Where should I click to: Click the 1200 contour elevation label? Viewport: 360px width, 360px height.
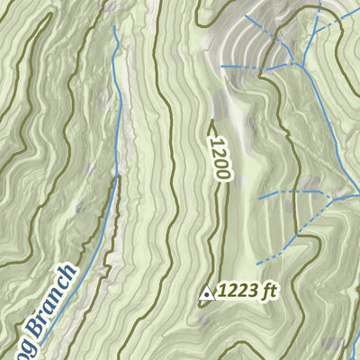pyautogui.click(x=216, y=158)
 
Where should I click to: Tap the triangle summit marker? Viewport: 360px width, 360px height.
pyautogui.click(x=205, y=292)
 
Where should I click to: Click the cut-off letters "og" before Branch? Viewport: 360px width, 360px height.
pyautogui.click(x=7, y=352)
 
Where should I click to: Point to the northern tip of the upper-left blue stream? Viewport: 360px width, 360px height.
pyautogui.click(x=115, y=27)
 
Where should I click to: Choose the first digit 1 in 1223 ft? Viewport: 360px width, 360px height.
pyautogui.click(x=221, y=290)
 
